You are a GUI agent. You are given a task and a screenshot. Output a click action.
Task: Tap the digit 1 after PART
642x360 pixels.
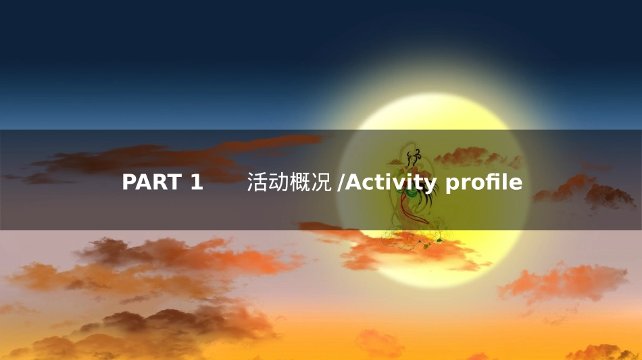click(x=196, y=182)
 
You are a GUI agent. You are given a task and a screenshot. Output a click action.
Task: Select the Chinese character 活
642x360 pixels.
click(x=256, y=182)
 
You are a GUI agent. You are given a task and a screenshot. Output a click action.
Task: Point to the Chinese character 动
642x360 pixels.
click(x=275, y=182)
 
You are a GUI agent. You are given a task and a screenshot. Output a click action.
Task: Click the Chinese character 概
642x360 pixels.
click(x=295, y=182)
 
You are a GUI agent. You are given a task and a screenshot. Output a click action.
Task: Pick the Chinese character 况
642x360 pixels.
click(x=314, y=182)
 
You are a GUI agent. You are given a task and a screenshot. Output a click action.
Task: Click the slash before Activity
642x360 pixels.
click(x=340, y=182)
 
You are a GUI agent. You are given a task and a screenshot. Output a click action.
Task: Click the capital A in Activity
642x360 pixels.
click(x=352, y=182)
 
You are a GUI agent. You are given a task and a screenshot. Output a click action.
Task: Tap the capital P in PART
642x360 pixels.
click(x=129, y=182)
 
